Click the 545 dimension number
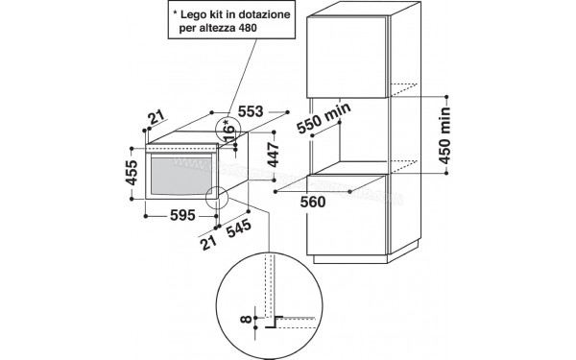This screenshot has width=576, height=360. tap(237, 230)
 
